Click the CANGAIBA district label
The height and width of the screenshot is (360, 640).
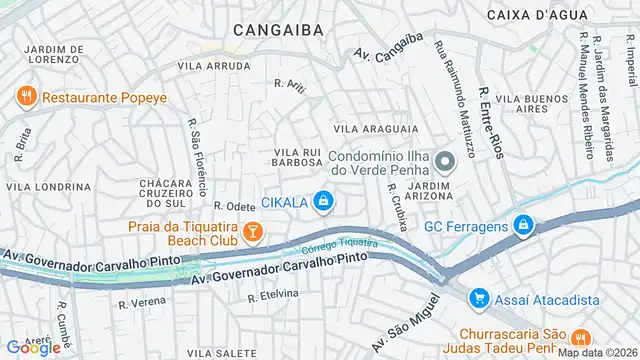click(278, 30)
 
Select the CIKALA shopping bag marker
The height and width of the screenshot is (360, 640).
click(322, 202)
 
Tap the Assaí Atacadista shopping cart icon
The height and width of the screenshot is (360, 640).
click(479, 298)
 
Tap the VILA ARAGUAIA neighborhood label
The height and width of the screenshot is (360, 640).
click(376, 129)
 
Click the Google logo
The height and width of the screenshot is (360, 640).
click(33, 347)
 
